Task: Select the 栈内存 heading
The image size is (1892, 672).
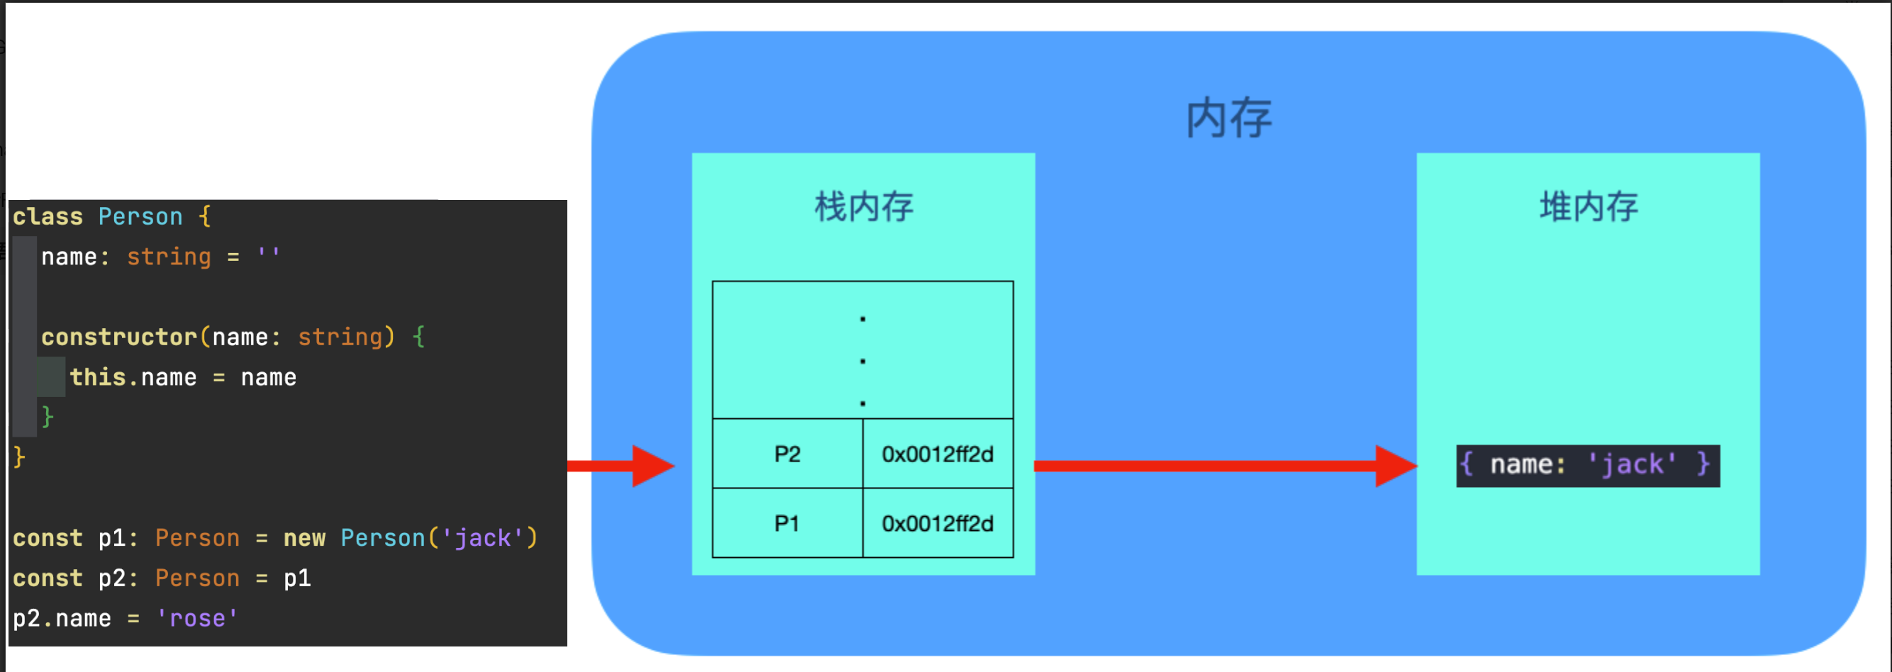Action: [x=864, y=206]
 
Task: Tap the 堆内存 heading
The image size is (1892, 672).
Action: [x=1588, y=206]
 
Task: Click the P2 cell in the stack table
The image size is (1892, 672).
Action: [x=786, y=454]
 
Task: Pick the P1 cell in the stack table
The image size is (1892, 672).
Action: [x=786, y=523]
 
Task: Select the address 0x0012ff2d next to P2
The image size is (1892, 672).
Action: [x=937, y=454]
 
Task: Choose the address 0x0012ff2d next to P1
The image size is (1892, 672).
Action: [x=937, y=523]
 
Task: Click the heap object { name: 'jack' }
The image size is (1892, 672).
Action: [x=1587, y=465]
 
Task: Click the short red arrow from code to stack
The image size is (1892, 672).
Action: [x=621, y=466]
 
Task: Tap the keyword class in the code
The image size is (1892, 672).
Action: [x=48, y=217]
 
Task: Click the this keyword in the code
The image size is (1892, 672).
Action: [x=98, y=377]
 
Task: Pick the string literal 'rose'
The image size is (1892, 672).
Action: [x=197, y=618]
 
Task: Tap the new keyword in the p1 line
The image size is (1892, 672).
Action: [x=304, y=538]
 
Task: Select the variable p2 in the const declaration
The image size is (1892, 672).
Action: [x=112, y=578]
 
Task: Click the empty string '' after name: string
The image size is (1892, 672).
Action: [x=268, y=255]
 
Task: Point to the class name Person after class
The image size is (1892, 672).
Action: [x=140, y=217]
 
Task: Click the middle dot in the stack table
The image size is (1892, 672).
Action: [x=862, y=362]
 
